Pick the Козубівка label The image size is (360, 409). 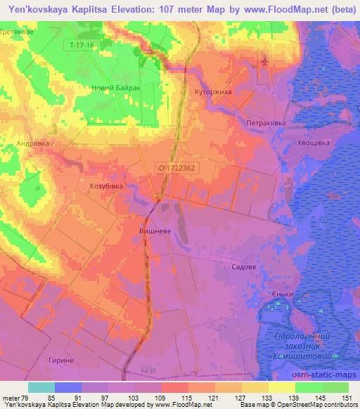point(106,186)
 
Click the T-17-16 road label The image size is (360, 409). point(82,45)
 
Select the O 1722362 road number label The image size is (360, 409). point(176,168)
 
